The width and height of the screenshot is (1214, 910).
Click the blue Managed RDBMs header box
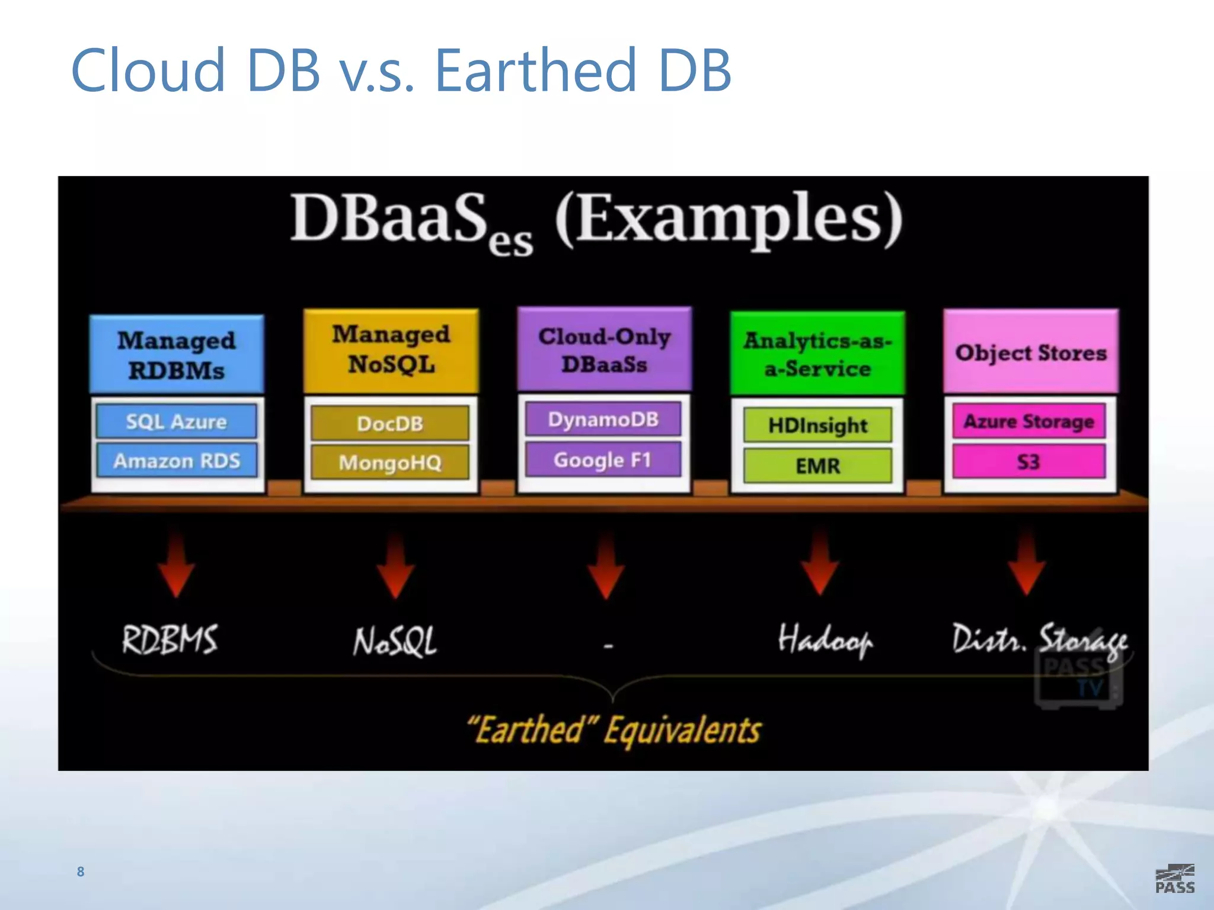tap(177, 354)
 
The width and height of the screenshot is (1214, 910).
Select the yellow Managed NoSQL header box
tap(391, 350)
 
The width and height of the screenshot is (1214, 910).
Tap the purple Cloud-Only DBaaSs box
tap(604, 350)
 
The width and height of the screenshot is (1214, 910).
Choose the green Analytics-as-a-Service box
tap(817, 354)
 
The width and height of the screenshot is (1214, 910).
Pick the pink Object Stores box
tap(1031, 352)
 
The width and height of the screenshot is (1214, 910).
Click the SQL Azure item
tap(177, 421)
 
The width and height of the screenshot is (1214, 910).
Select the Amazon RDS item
tap(177, 460)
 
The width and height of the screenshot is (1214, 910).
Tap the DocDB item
tap(390, 423)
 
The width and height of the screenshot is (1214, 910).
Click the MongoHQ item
tap(390, 462)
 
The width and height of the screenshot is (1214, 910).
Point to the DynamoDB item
tap(603, 419)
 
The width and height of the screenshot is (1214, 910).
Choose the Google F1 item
tap(603, 460)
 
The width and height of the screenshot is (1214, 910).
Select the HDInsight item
tap(817, 425)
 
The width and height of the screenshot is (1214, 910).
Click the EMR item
tap(817, 466)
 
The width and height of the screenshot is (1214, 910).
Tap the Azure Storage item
tap(1029, 421)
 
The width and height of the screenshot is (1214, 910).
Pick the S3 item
tap(1029, 462)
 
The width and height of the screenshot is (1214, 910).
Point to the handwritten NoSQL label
tap(395, 642)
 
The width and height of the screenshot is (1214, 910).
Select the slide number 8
tap(81, 871)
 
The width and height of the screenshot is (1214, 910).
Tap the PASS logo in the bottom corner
tap(1175, 879)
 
